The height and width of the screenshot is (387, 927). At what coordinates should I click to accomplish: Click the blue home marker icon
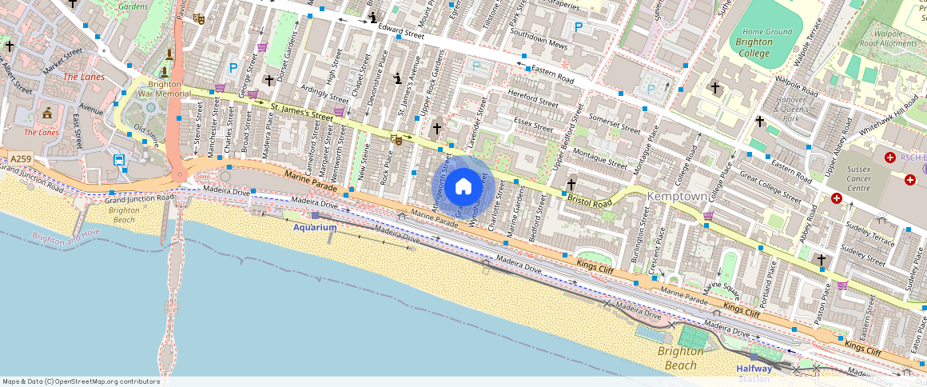click(463, 187)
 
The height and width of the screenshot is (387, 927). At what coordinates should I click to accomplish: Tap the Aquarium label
click(315, 227)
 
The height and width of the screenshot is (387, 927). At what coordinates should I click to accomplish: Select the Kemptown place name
click(678, 196)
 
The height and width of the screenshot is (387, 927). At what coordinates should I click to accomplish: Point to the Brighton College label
click(754, 48)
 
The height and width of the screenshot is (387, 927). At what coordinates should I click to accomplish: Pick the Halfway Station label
click(754, 373)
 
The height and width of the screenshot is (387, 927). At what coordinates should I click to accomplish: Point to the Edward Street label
click(401, 31)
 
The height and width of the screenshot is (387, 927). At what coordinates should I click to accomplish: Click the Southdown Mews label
click(539, 41)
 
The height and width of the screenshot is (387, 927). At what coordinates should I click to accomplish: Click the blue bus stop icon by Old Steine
click(119, 160)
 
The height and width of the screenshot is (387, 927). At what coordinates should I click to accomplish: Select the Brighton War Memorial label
click(164, 89)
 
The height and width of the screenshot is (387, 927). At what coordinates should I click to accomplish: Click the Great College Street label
click(770, 182)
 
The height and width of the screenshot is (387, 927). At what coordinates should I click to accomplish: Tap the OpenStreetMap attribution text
click(81, 381)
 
